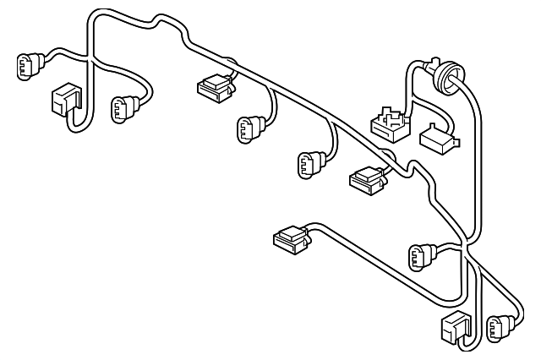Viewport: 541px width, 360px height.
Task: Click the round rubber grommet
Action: (x=445, y=79)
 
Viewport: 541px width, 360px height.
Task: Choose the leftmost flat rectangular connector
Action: (x=213, y=85)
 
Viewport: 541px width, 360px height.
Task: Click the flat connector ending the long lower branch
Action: (x=291, y=239)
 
